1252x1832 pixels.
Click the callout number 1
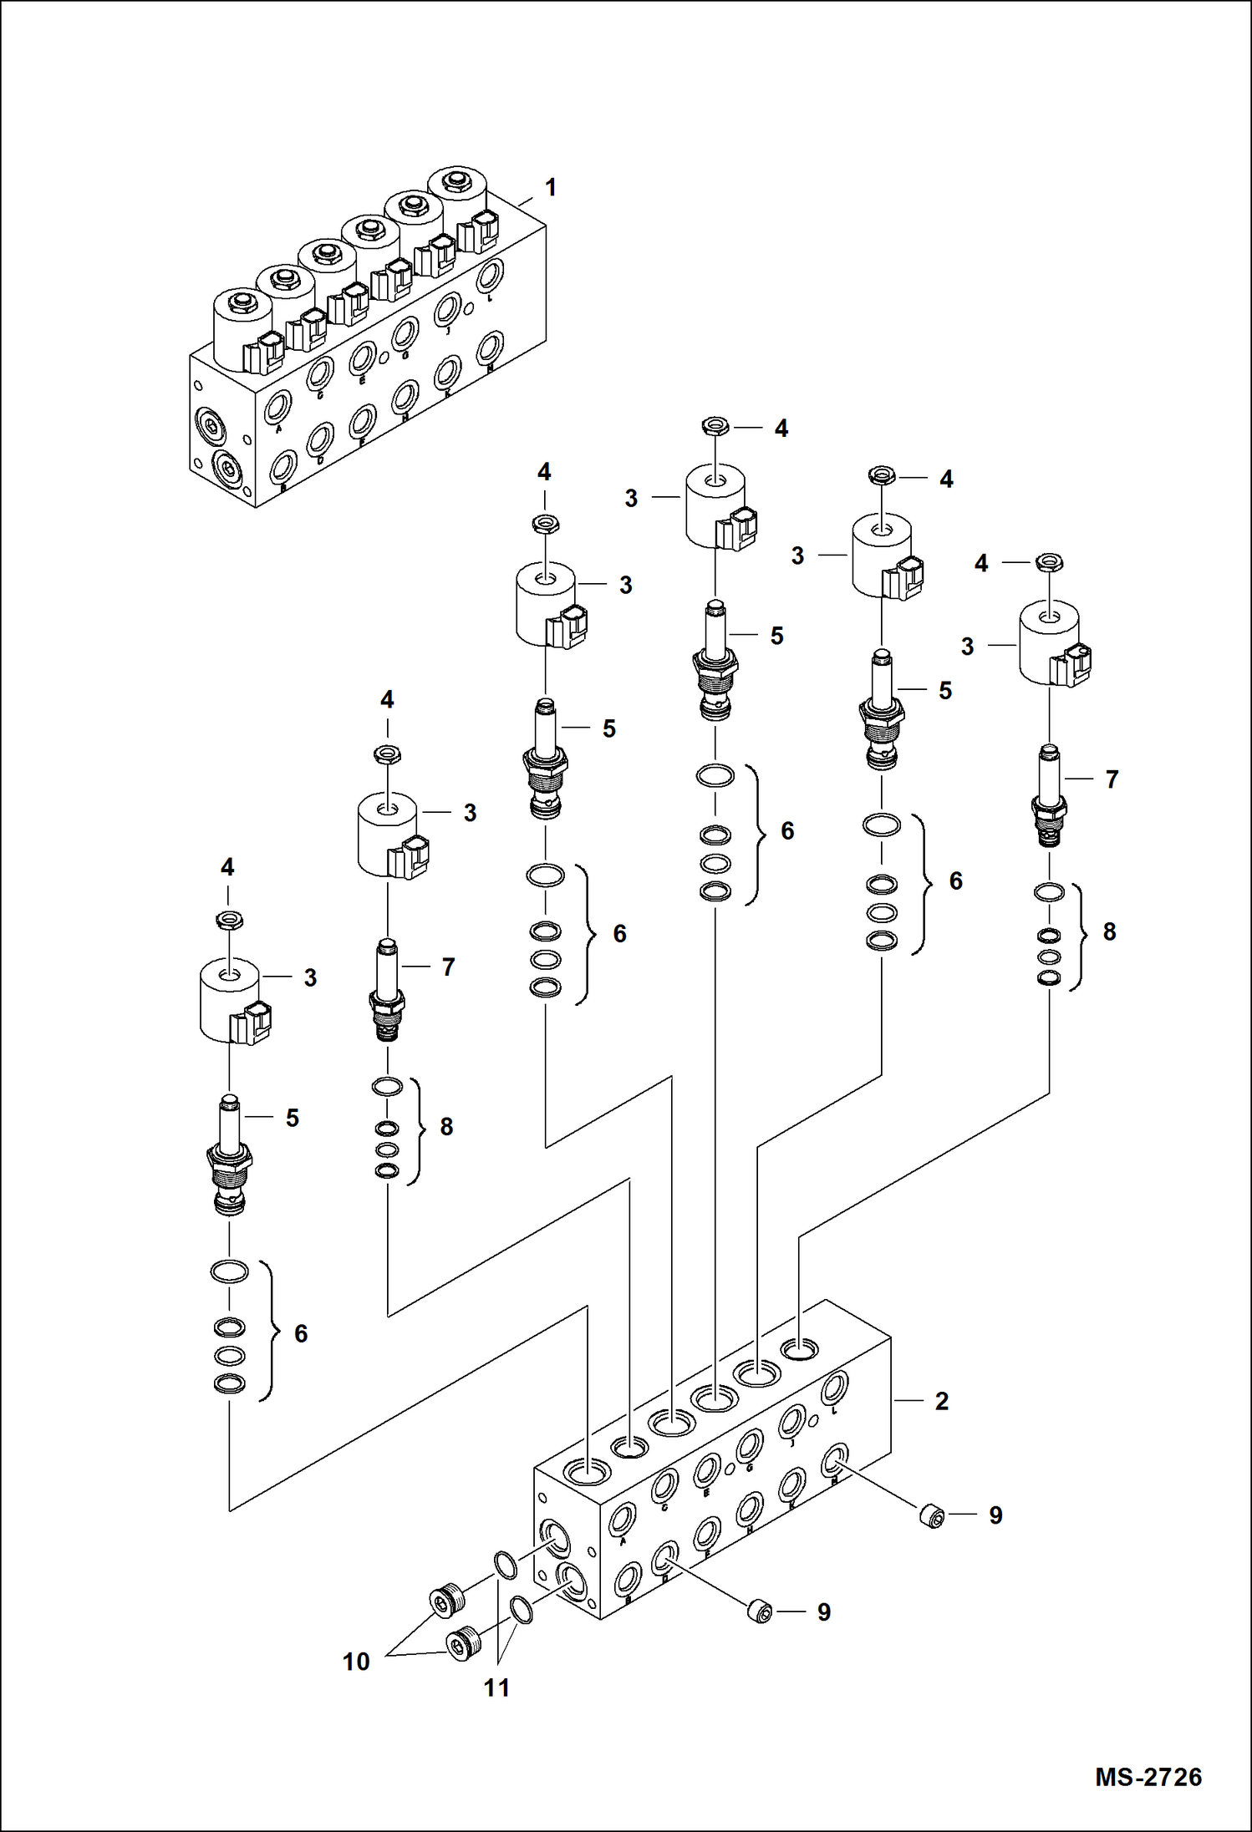(550, 188)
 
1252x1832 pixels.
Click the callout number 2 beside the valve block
(941, 1401)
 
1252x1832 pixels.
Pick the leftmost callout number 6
(301, 1333)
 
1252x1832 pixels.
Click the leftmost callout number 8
(446, 1127)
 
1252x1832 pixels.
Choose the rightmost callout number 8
(1109, 931)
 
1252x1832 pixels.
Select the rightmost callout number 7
(1112, 779)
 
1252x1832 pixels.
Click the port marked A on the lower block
(623, 1518)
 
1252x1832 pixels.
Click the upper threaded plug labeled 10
(445, 1600)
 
